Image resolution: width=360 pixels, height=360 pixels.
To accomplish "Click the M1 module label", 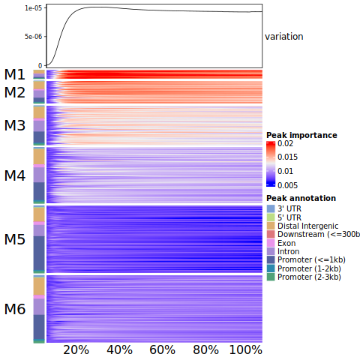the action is click(x=15, y=74).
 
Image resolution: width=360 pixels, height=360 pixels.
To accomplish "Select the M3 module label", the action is click(x=15, y=125).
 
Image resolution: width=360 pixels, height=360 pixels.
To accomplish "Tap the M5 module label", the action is click(x=15, y=239).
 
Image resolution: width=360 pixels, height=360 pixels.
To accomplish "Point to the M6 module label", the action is click(x=15, y=309).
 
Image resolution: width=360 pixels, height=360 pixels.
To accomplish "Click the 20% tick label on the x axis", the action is click(x=76, y=350).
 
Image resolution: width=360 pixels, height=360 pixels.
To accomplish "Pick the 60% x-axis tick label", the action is click(x=162, y=350).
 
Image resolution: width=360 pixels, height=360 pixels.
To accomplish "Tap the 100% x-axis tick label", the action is click(x=246, y=350).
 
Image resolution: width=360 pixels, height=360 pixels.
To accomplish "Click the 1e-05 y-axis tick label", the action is click(x=34, y=8).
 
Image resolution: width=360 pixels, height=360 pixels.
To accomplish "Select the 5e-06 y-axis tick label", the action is click(x=34, y=37).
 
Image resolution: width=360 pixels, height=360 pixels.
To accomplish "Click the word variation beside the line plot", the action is click(x=284, y=37).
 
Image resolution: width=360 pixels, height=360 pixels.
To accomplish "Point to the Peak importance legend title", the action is click(x=301, y=135).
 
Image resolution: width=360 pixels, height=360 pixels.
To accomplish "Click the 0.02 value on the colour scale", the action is click(x=285, y=143).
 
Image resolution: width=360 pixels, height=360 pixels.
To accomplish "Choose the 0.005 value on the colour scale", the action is click(x=287, y=185).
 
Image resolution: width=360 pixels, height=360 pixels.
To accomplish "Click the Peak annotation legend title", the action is click(x=301, y=198).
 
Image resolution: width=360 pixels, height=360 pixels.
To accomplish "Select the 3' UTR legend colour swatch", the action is click(x=271, y=208).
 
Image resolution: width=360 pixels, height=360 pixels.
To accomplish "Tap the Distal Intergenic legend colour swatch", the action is click(x=271, y=226).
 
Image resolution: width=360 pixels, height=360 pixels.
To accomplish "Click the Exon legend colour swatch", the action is click(x=271, y=243).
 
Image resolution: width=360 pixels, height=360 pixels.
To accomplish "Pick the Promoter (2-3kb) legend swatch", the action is click(x=271, y=277).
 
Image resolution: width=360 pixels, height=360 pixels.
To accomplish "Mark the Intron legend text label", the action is click(x=289, y=251).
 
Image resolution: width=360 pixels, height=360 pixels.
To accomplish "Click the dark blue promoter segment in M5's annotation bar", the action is click(x=39, y=253).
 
